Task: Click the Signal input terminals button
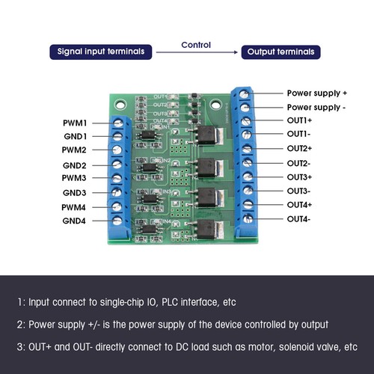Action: [101, 52]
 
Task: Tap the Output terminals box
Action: [280, 52]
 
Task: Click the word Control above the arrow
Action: [196, 45]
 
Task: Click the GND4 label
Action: [74, 221]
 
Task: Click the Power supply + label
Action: [317, 93]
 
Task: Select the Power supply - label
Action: [316, 107]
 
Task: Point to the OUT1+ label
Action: [299, 120]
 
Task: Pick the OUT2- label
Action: [298, 163]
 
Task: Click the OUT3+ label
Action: [299, 177]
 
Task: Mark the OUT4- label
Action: [298, 218]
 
